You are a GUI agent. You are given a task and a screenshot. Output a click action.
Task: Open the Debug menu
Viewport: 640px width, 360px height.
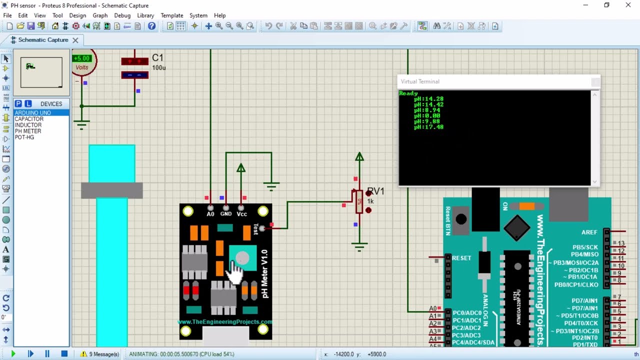point(122,15)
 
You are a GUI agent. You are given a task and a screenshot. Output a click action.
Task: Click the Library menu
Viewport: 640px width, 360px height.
point(145,15)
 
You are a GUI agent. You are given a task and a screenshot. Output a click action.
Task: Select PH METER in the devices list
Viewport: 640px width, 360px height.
point(28,131)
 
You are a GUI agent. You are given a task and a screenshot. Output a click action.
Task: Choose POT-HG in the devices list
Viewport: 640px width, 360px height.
point(24,137)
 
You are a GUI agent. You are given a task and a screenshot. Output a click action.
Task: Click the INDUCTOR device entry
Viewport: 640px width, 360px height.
point(28,125)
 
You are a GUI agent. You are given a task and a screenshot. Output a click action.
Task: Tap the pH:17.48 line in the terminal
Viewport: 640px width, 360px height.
point(428,127)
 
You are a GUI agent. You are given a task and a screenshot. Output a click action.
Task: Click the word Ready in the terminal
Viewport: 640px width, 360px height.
point(408,93)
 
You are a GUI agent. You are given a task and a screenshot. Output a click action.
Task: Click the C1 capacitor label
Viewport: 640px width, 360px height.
point(157,58)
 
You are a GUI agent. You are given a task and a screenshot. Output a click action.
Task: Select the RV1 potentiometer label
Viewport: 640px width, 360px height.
point(376,191)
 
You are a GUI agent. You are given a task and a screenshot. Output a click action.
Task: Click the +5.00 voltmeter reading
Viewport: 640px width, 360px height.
point(81,58)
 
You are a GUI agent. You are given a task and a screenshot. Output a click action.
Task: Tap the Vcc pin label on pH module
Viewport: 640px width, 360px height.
point(241,214)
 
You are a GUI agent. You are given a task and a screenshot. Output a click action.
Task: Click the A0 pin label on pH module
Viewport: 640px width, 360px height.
point(210,214)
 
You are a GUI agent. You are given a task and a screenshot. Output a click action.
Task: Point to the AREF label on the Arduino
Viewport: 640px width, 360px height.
point(589,232)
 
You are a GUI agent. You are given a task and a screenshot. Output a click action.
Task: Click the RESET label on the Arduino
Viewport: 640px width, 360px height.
point(461,258)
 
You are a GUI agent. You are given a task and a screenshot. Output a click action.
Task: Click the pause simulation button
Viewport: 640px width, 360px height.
point(47,354)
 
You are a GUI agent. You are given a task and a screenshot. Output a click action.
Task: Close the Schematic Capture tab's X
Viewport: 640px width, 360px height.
point(75,40)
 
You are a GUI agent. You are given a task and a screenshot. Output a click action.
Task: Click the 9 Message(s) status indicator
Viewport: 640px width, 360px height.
point(100,354)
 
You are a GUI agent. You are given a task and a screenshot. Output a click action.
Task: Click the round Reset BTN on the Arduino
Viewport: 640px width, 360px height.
point(461,219)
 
